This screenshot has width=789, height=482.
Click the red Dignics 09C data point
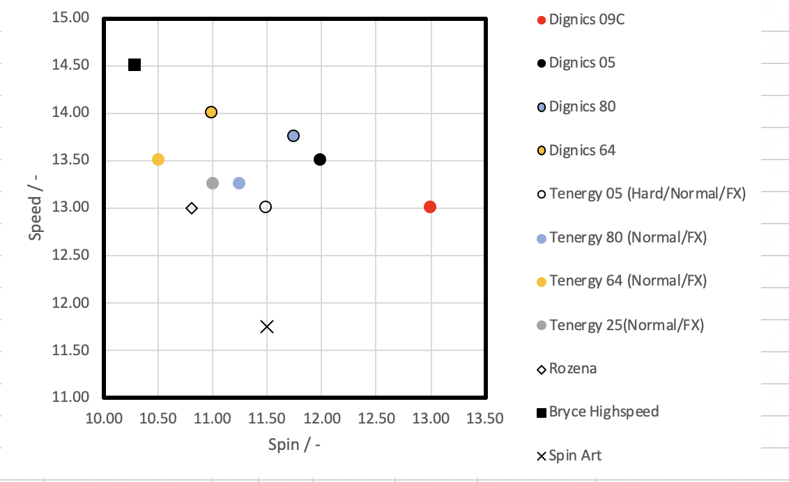point(430,207)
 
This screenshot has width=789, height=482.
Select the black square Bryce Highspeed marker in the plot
point(135,65)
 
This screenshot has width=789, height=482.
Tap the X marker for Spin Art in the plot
point(267,326)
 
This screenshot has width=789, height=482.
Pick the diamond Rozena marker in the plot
point(192,208)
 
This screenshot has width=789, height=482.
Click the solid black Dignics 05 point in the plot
point(320,160)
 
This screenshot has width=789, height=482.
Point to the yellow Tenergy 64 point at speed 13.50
point(158,160)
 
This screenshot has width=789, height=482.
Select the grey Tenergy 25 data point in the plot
point(213,183)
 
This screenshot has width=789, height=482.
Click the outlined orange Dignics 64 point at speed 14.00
point(211,112)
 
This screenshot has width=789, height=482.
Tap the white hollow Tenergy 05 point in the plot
point(266,207)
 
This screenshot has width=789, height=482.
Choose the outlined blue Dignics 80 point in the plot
point(293,136)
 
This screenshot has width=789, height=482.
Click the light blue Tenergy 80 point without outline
point(239,183)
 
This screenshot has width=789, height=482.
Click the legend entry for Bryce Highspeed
point(604,412)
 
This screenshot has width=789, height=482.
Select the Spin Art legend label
point(575,456)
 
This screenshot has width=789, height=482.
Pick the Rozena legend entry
point(573,368)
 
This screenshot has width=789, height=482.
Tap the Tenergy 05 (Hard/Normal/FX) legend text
point(648,194)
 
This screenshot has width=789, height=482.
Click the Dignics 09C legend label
point(587,20)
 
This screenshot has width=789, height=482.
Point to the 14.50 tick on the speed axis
point(71,65)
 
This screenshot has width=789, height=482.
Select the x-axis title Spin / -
point(293,444)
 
